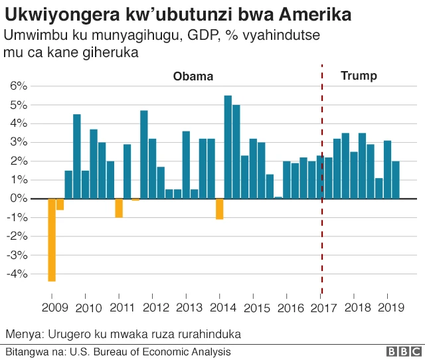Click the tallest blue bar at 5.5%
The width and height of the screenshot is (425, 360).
228,147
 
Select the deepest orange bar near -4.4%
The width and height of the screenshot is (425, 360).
52,240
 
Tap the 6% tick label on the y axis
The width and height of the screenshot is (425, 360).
18,86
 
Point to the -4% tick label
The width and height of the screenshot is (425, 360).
16,274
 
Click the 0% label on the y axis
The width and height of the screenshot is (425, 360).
18,199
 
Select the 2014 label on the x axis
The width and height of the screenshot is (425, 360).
221,308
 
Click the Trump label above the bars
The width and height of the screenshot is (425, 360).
359,76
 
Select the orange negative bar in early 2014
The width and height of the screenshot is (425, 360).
219,209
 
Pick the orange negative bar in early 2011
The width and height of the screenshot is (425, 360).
119,208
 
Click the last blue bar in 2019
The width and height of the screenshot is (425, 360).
396,179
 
